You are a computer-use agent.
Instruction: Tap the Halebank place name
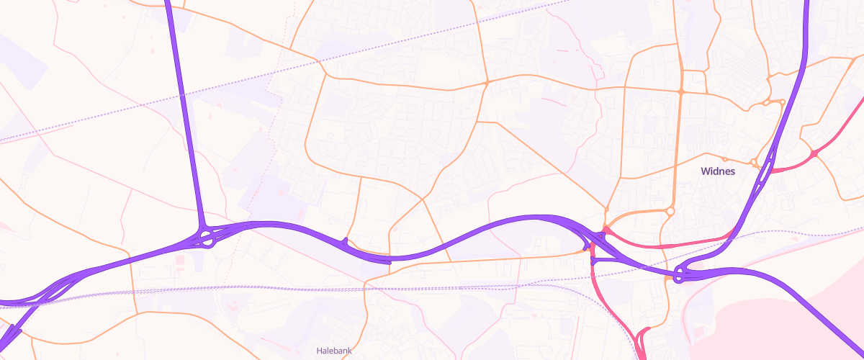click(334, 351)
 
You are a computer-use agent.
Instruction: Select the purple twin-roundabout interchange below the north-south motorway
click(204, 236)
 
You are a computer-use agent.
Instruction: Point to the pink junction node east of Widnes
click(814, 154)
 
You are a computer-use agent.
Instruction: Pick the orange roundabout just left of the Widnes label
click(726, 159)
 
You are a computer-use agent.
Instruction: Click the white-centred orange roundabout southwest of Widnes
click(670, 212)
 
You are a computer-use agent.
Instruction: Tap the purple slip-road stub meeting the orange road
click(346, 241)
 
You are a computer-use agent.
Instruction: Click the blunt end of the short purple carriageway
click(390, 261)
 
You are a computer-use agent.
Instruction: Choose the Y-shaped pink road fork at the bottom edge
click(641, 338)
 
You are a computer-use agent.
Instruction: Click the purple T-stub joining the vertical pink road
click(593, 261)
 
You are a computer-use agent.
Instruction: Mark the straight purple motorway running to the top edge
click(184, 108)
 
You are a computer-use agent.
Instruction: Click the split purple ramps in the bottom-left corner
click(14, 333)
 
